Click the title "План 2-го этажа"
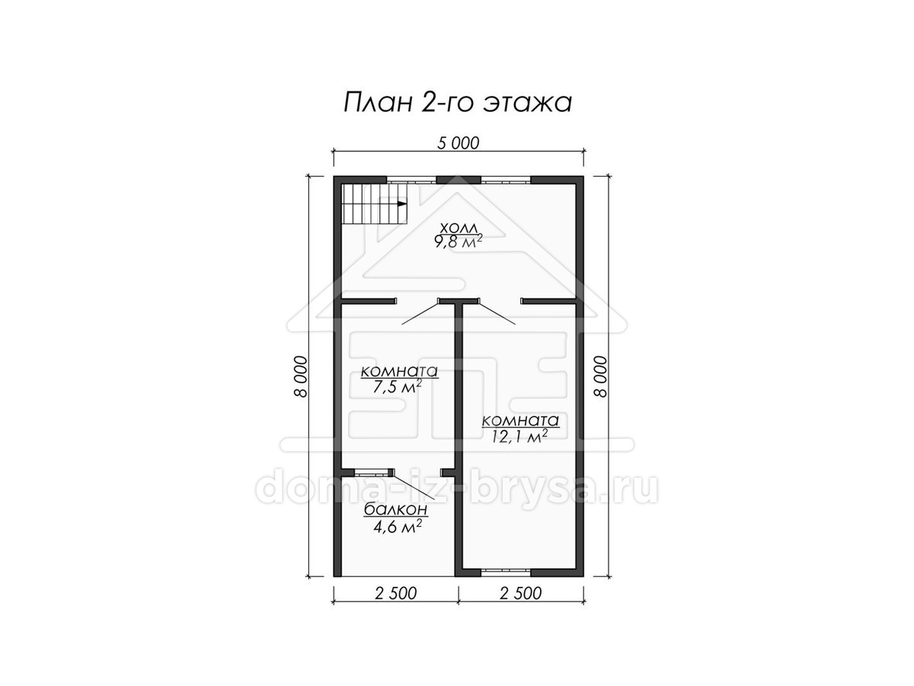point(457,102)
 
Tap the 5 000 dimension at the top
point(458,143)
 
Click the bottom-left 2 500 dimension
point(395,593)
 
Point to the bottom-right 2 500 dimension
point(520,593)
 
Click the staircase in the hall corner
point(374,204)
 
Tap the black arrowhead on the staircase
point(402,204)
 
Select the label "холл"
point(459,228)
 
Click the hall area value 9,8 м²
point(459,242)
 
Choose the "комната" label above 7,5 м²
point(399,371)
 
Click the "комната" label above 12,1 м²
point(520,421)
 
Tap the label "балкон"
point(395,509)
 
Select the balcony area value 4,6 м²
point(398,527)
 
